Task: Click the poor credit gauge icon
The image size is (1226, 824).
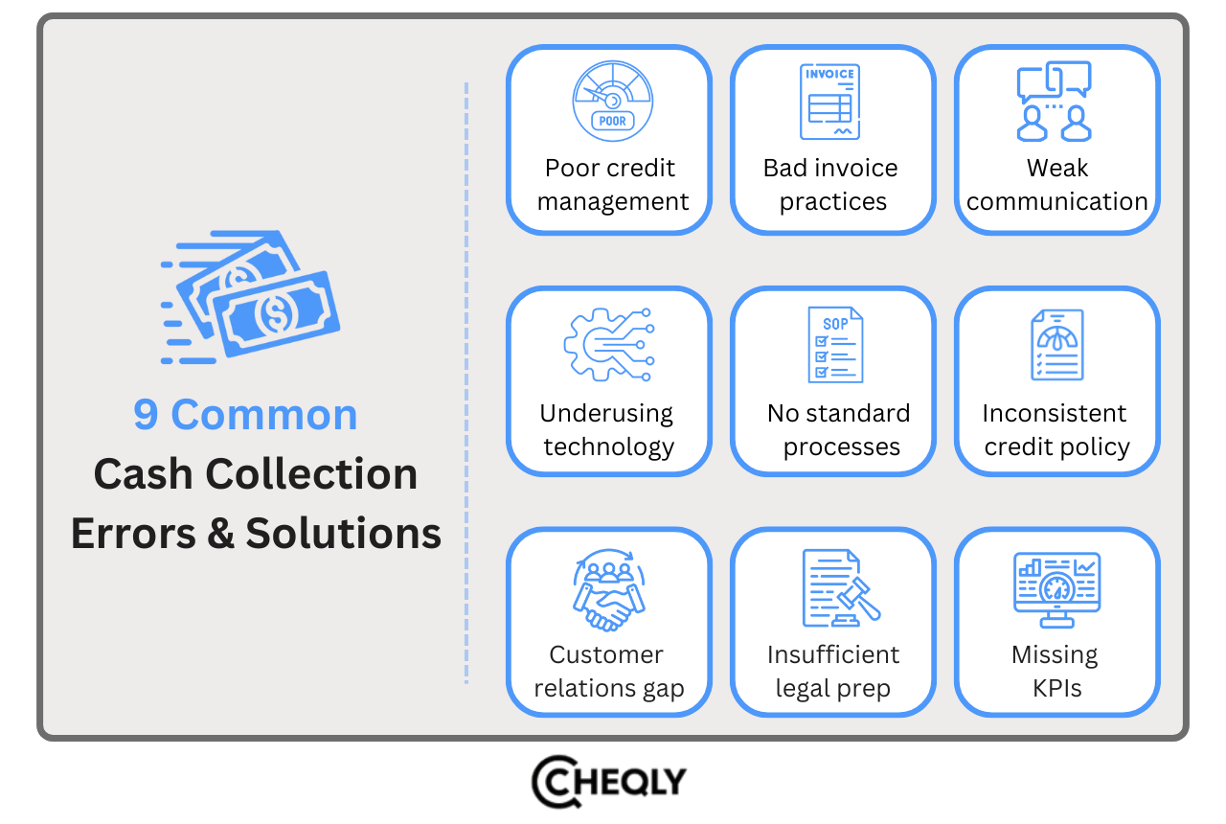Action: [612, 102]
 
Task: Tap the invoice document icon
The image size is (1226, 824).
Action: [829, 102]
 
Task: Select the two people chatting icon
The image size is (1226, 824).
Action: [1055, 102]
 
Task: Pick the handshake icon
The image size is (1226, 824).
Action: [608, 588]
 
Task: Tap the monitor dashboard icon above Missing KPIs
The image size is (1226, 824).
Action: [1056, 588]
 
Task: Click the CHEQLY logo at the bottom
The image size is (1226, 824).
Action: [609, 781]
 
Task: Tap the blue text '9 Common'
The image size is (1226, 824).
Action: [245, 415]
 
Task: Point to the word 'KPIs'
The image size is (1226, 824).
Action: [1057, 689]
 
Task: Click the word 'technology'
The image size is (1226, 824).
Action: [609, 446]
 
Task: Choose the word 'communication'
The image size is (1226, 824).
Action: [1057, 202]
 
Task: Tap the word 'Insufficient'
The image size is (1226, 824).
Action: [833, 655]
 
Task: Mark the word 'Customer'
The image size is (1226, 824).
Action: [606, 655]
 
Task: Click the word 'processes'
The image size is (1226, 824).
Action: [842, 446]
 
